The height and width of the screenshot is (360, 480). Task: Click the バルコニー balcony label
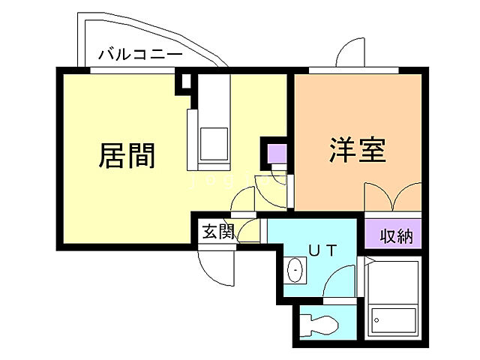coord(140,55)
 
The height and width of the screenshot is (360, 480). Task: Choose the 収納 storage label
coord(395,236)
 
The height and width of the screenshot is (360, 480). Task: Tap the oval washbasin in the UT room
coord(295,269)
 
